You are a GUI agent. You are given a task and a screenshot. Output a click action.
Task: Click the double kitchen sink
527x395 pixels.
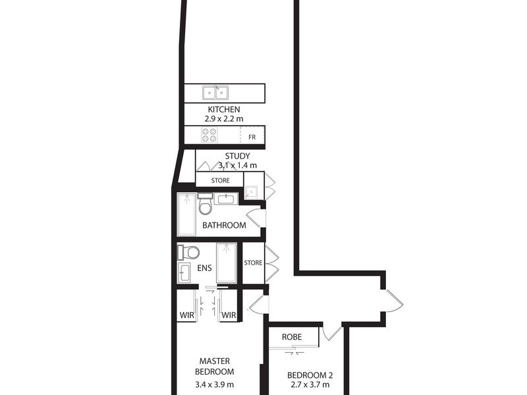[215, 93]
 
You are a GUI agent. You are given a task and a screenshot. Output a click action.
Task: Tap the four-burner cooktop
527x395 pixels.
[209, 135]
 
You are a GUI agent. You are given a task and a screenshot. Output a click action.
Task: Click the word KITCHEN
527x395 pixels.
[224, 109]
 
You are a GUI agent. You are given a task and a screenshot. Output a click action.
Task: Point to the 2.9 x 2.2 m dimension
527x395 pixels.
[224, 120]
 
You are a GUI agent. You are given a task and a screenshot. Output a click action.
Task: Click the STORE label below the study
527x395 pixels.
[220, 180]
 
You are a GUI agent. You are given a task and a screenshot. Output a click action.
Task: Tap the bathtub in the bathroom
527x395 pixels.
[186, 215]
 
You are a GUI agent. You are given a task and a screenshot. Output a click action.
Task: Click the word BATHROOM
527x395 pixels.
[224, 225]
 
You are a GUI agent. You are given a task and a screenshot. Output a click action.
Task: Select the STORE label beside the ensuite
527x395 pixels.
[253, 263]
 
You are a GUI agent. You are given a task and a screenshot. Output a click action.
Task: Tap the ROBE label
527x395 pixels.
[292, 336]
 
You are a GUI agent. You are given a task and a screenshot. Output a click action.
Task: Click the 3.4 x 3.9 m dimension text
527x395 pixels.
[215, 385]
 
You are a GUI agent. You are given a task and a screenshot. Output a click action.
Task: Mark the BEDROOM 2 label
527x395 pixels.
[310, 376]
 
